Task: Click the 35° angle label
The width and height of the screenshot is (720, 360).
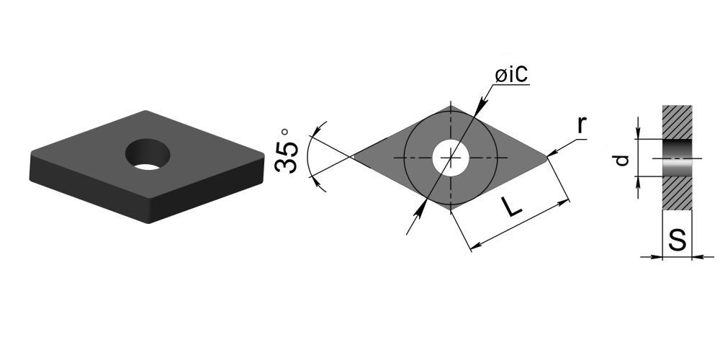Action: pyautogui.click(x=287, y=151)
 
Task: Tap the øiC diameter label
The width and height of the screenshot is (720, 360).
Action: pyautogui.click(x=511, y=75)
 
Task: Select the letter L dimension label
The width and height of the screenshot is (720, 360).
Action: pyautogui.click(x=511, y=207)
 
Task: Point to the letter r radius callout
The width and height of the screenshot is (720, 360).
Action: pyautogui.click(x=582, y=125)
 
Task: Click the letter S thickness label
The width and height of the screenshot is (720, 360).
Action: pyautogui.click(x=678, y=239)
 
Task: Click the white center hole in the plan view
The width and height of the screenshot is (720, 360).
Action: pyautogui.click(x=451, y=158)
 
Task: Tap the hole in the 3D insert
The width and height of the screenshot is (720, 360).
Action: pyautogui.click(x=148, y=154)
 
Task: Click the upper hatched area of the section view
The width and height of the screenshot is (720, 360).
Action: pyautogui.click(x=677, y=122)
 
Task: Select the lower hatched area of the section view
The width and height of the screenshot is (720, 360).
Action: pyautogui.click(x=677, y=193)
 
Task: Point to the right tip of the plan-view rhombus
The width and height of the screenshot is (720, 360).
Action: pyautogui.click(x=548, y=157)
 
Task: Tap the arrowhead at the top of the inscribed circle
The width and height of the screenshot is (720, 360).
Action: pyautogui.click(x=480, y=107)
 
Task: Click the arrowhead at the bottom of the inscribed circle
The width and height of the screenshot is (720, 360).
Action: pyautogui.click(x=420, y=210)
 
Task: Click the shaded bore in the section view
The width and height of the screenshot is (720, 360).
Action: pyautogui.click(x=677, y=158)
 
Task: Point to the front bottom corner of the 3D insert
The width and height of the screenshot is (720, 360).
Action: pyautogui.click(x=149, y=222)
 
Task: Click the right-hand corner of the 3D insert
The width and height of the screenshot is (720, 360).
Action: pyautogui.click(x=263, y=156)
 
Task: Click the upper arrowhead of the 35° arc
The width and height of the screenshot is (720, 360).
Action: pyautogui.click(x=314, y=131)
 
